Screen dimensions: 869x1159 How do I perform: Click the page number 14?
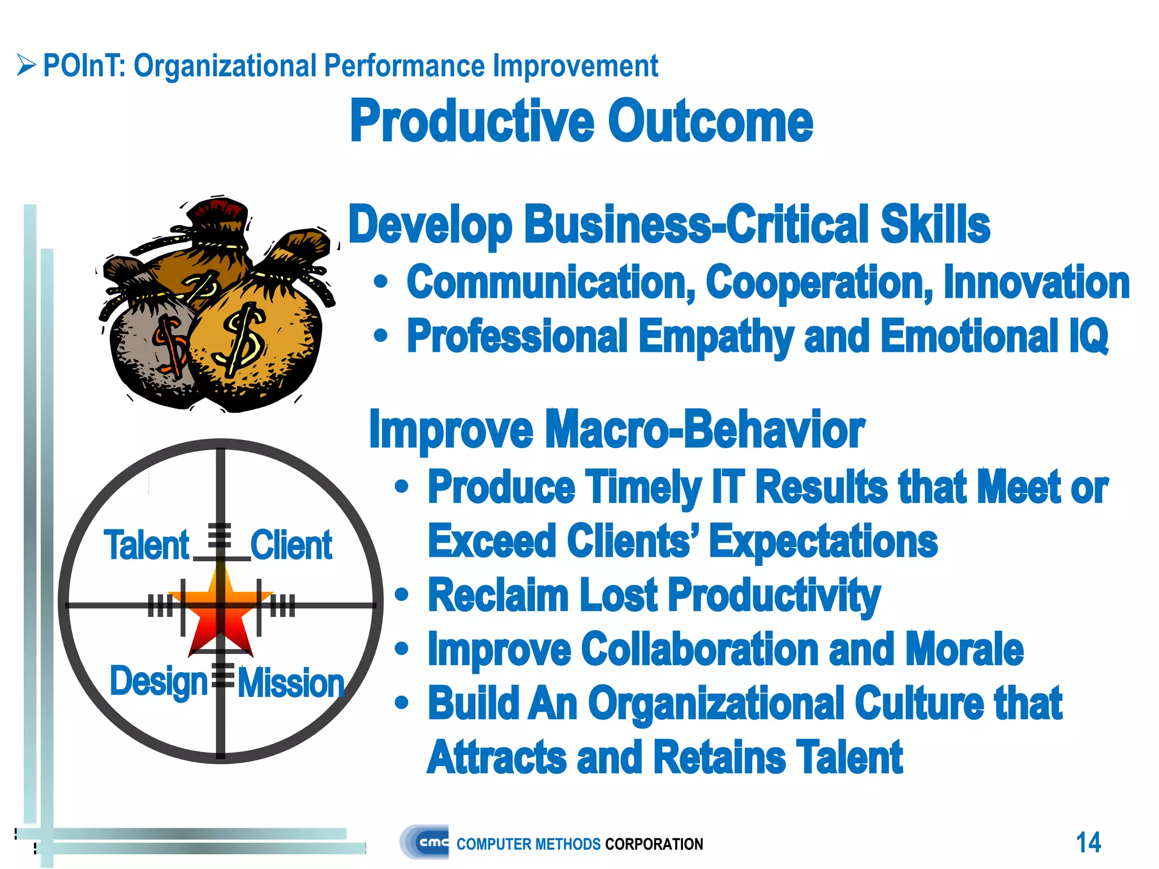(1088, 842)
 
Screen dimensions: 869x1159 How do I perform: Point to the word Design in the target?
(158, 682)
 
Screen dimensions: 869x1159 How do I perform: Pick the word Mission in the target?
(291, 683)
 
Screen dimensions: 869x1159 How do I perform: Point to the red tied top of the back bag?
(218, 212)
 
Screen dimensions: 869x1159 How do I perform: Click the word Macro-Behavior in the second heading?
(705, 429)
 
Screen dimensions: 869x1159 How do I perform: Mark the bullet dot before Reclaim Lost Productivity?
(401, 595)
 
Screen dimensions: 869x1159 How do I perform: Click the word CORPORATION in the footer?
(654, 844)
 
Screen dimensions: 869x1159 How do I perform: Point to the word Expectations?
(823, 541)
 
